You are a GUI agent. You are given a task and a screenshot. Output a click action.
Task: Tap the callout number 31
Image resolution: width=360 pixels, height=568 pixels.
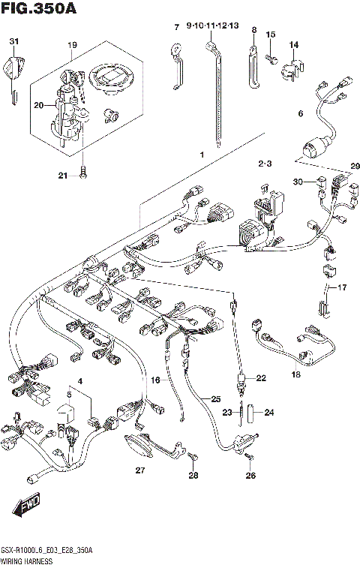coord(13,40)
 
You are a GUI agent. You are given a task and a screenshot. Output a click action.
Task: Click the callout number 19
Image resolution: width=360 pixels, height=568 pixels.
coord(72,45)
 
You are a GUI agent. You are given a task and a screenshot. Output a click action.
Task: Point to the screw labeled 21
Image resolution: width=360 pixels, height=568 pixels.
coord(83,175)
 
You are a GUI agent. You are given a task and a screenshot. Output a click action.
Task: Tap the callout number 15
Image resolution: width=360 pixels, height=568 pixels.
coord(271,35)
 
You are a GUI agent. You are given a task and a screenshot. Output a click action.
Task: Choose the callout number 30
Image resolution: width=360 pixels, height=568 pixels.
coord(298,182)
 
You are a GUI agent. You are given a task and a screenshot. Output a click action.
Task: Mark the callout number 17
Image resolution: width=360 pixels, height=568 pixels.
coord(343,287)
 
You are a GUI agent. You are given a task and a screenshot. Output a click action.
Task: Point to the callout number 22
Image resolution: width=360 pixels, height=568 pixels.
coord(261,378)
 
